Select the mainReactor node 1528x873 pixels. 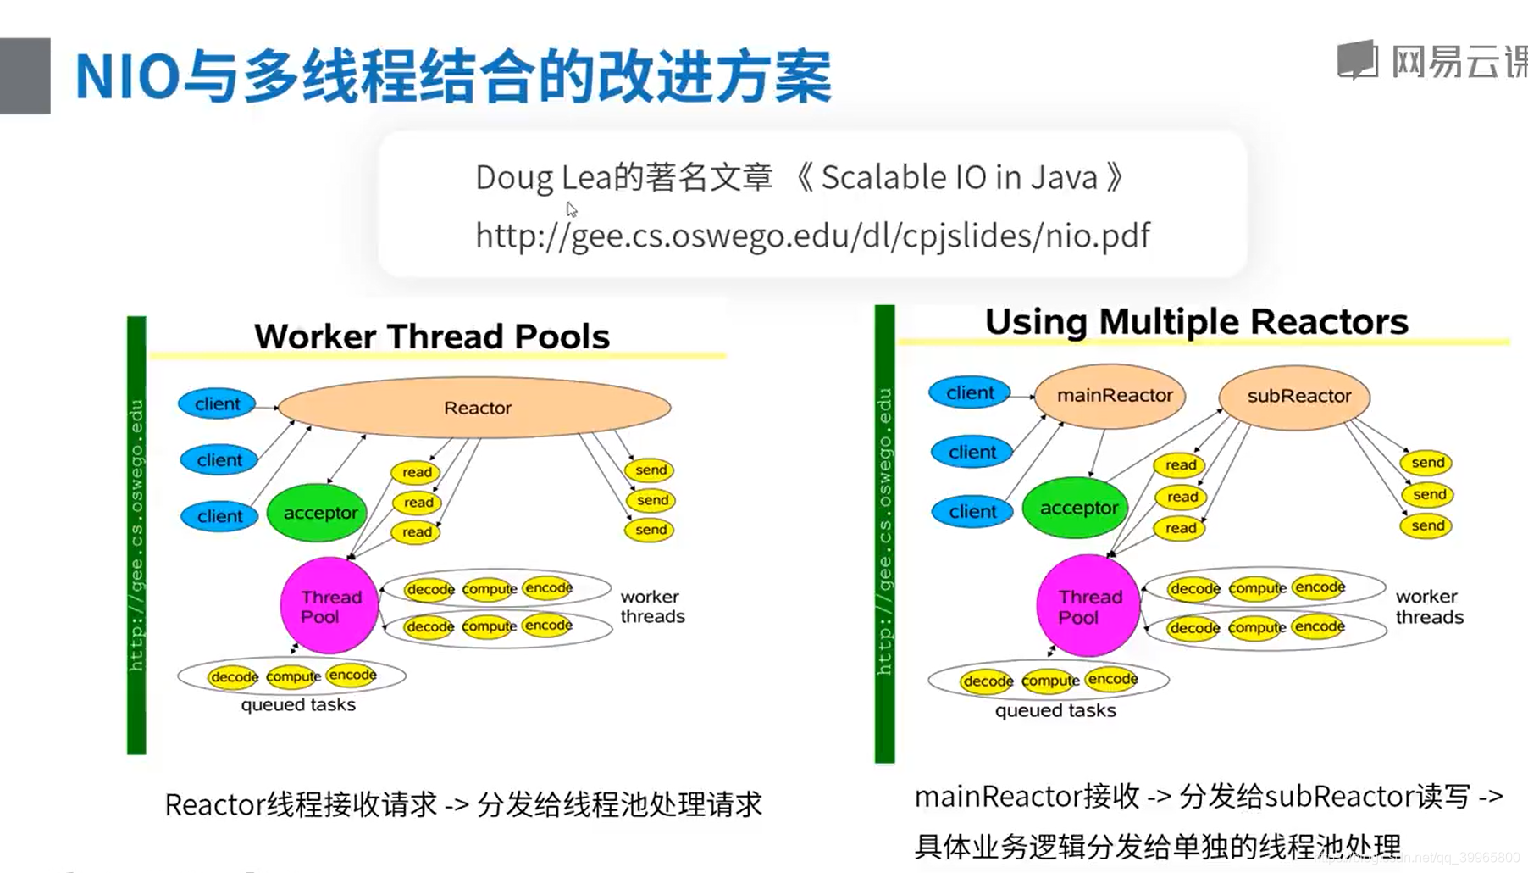click(x=1110, y=395)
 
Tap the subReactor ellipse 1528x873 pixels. click(x=1295, y=396)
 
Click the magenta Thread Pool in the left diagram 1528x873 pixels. click(x=329, y=606)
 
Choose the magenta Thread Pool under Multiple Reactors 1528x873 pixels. click(x=1088, y=606)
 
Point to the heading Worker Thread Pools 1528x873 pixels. click(x=432, y=336)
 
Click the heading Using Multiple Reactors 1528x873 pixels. click(x=1196, y=322)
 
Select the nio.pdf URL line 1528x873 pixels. click(x=812, y=236)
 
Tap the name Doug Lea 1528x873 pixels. click(x=543, y=177)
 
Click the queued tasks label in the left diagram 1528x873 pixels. click(x=298, y=704)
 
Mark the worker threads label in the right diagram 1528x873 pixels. click(x=1429, y=607)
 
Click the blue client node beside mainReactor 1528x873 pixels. click(x=970, y=393)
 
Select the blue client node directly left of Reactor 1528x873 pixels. click(x=218, y=404)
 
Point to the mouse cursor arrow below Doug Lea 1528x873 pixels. click(x=571, y=209)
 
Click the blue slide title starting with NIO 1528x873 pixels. click(x=453, y=76)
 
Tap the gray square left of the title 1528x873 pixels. click(x=25, y=75)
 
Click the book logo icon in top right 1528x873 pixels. click(x=1358, y=60)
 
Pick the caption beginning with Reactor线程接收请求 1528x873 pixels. click(x=463, y=804)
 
